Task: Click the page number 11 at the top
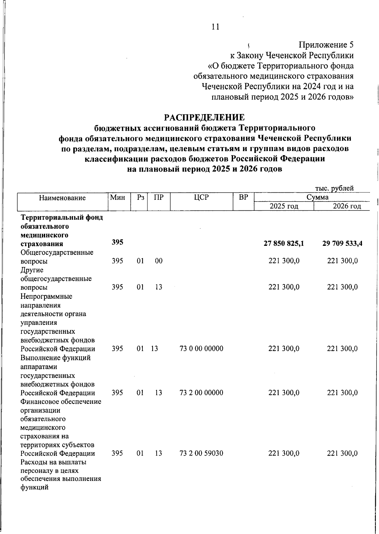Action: tap(215, 27)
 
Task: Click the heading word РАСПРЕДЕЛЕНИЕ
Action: tap(204, 118)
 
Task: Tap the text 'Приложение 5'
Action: tap(326, 45)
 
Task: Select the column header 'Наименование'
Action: tap(63, 198)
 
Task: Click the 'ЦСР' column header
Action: tap(202, 197)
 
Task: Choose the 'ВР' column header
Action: tap(243, 197)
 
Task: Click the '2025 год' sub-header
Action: tap(284, 206)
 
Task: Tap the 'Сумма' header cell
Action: tap(317, 197)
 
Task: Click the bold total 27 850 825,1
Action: tap(284, 243)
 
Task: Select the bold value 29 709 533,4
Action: tap(342, 243)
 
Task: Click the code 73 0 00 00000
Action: tap(201, 349)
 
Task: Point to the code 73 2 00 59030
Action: tap(201, 453)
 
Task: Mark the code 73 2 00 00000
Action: tap(201, 393)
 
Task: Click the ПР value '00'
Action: tap(159, 261)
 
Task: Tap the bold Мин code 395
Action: tap(117, 242)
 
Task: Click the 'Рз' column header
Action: tap(141, 197)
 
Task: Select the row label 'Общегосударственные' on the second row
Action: tap(57, 252)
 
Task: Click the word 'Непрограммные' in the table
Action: tap(46, 296)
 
